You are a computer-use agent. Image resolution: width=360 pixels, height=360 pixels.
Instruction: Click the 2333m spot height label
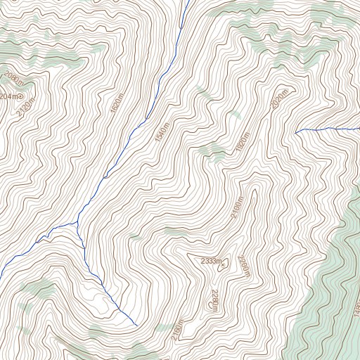[x=210, y=262]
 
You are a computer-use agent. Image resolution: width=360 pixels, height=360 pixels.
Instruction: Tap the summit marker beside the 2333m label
[x=226, y=264]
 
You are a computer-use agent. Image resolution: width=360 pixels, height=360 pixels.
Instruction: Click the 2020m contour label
[x=279, y=99]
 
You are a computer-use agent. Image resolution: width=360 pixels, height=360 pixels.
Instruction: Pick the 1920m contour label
[x=243, y=144]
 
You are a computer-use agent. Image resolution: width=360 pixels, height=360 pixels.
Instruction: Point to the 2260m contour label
[x=245, y=266]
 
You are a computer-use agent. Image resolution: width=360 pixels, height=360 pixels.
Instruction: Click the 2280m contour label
[x=214, y=300]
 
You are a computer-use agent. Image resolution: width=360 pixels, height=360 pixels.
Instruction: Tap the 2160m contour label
[x=177, y=331]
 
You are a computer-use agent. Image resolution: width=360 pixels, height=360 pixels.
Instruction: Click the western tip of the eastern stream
[x=296, y=131]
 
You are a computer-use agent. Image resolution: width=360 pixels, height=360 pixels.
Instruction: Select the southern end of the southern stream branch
[x=135, y=326]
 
